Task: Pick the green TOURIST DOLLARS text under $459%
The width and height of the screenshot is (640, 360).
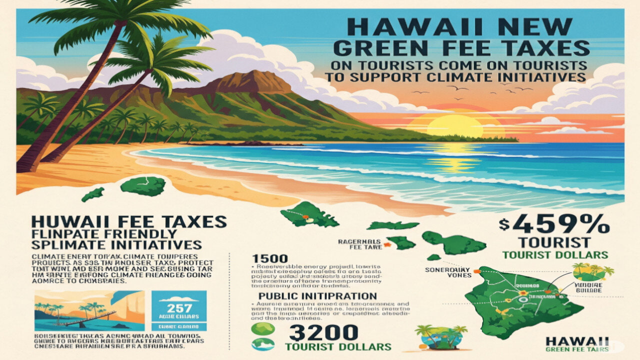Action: click(555, 254)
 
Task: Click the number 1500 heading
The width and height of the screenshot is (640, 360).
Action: click(270, 258)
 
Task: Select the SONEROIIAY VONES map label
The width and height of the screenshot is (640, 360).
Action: click(445, 272)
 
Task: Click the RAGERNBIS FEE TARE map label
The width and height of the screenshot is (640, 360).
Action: click(359, 243)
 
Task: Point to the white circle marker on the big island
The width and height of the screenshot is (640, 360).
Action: click(524, 299)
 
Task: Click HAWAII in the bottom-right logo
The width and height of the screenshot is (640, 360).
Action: click(577, 341)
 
